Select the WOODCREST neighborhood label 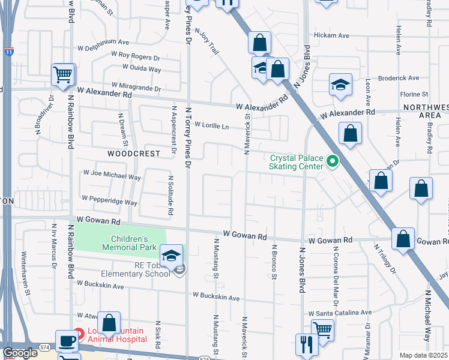click(134, 154)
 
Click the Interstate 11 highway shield click(8, 53)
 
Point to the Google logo click(20, 353)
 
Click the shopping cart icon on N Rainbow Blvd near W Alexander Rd click(62, 74)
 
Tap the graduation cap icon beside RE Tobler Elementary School click(172, 255)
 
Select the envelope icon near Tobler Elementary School click(181, 271)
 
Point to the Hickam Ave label click(334, 36)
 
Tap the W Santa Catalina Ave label click(340, 313)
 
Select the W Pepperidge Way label click(110, 200)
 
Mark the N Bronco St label click(274, 262)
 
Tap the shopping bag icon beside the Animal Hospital click(109, 323)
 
